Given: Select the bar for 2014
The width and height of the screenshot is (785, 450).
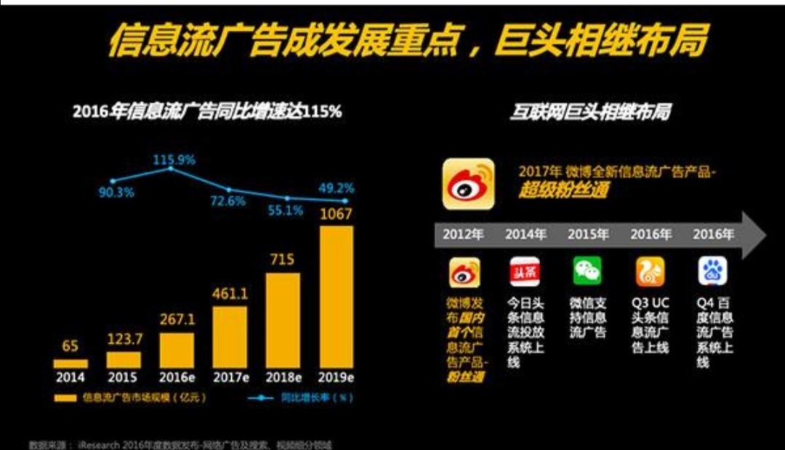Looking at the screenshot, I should pyautogui.click(x=70, y=363).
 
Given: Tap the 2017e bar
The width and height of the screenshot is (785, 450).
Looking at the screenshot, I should pyautogui.click(x=230, y=337).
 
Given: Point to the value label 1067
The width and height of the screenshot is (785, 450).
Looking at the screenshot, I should pyautogui.click(x=336, y=214).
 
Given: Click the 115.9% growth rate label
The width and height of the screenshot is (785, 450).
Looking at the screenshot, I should pyautogui.click(x=174, y=158).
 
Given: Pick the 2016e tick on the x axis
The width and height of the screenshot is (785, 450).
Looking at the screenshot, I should pyautogui.click(x=177, y=377).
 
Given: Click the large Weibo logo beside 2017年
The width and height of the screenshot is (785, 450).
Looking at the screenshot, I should pyautogui.click(x=468, y=184).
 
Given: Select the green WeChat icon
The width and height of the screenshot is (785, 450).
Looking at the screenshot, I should pyautogui.click(x=587, y=271).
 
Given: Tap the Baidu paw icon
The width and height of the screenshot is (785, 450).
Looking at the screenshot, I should pyautogui.click(x=713, y=271).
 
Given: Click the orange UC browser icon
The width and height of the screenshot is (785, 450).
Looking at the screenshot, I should pyautogui.click(x=651, y=271).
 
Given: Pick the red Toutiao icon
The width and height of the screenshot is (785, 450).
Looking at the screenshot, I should pyautogui.click(x=525, y=271).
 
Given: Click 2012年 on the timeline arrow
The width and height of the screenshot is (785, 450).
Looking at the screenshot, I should pyautogui.click(x=463, y=235).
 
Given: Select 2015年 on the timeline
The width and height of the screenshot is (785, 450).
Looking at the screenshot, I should pyautogui.click(x=588, y=235).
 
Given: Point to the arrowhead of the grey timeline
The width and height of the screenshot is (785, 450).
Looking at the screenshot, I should pyautogui.click(x=756, y=235).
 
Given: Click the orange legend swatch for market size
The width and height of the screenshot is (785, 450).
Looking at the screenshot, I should pyautogui.click(x=65, y=398).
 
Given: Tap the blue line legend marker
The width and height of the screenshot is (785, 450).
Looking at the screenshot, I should pyautogui.click(x=261, y=398).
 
